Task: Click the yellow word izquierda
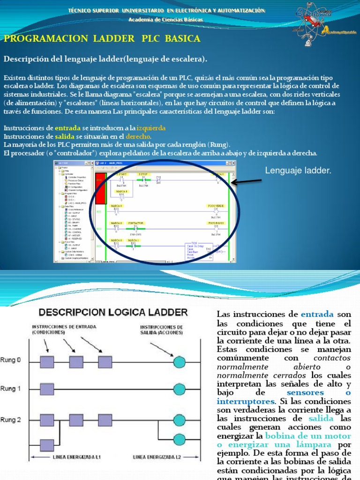(151, 128)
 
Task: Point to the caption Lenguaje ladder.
(298, 171)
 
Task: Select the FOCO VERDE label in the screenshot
(216, 206)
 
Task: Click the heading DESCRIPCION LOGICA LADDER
(113, 312)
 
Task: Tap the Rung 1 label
(10, 389)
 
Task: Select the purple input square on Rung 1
(47, 389)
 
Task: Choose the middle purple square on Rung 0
(76, 361)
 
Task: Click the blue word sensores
(305, 392)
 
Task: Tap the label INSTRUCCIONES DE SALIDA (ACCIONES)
(162, 330)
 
